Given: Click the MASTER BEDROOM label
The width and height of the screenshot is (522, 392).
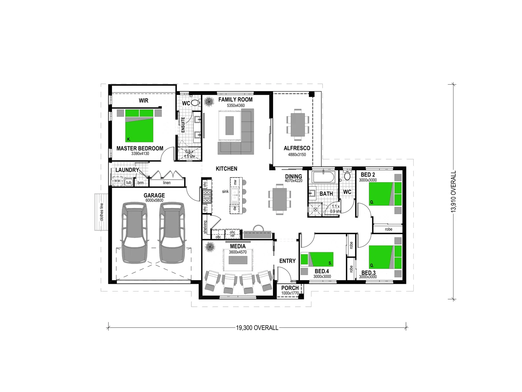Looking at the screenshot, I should pyautogui.click(x=140, y=148).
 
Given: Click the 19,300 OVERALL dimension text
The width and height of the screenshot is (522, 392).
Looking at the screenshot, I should pyautogui.click(x=257, y=328).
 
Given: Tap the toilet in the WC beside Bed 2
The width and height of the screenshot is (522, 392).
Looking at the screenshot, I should pyautogui.click(x=347, y=176).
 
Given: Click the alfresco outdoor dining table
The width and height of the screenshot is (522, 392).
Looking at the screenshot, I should pyautogui.click(x=298, y=124).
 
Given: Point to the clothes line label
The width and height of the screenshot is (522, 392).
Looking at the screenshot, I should pyautogui.click(x=102, y=212).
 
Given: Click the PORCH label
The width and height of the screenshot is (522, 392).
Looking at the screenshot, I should pyautogui.click(x=290, y=288).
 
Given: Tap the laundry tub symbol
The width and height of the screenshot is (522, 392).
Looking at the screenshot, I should pyautogui.click(x=129, y=183).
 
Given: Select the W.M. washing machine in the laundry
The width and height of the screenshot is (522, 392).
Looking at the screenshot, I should pyautogui.click(x=117, y=180).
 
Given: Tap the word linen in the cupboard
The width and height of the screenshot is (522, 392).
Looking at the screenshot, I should pyautogui.click(x=167, y=183).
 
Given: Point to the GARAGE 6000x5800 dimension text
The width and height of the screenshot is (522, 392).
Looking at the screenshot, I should pyautogui.click(x=154, y=200).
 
